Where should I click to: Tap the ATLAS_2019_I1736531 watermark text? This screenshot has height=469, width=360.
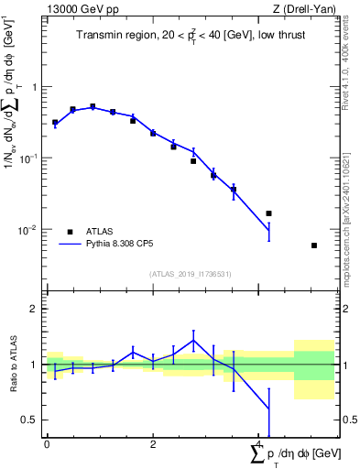coord(191,274)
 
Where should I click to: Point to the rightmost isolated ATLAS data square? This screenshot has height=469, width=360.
coord(314,245)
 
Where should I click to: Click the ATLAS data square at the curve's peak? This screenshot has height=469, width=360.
coord(93,107)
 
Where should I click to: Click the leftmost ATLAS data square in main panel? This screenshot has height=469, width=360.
coord(55,122)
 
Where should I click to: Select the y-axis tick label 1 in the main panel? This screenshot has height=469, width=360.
coord(36,87)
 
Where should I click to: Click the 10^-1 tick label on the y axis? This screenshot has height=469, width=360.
coord(31,158)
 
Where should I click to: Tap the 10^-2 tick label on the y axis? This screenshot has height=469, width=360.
coord(31,229)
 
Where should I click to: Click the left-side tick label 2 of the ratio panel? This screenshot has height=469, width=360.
coord(36,309)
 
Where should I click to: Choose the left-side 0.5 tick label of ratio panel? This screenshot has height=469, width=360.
coord(31,420)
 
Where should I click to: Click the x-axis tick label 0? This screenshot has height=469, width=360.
coord(47,443)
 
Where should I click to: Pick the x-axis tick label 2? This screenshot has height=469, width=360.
coord(153,443)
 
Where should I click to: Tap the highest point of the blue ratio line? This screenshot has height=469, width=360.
coord(193,340)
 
